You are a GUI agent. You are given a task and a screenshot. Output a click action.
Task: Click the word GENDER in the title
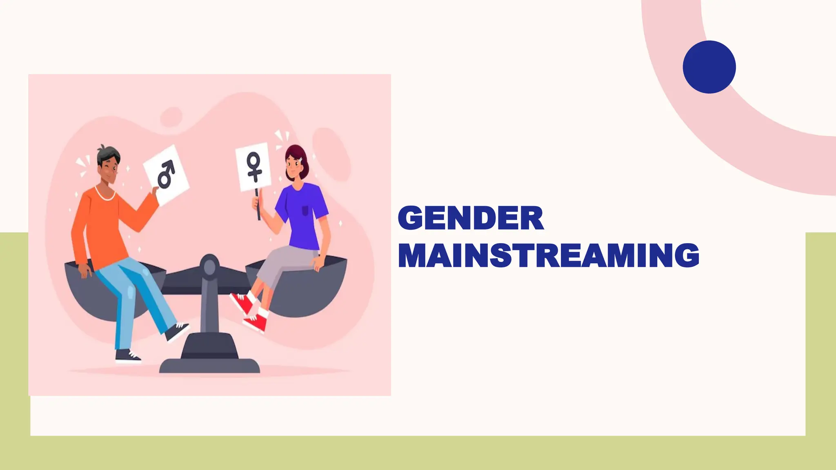tap(471, 218)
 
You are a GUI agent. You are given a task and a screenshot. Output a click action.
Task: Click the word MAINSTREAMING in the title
tap(548, 255)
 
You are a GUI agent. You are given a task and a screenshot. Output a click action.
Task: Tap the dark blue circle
tap(709, 67)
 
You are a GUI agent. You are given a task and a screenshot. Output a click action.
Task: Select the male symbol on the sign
tap(166, 174)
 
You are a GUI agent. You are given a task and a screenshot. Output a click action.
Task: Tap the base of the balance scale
tap(209, 355)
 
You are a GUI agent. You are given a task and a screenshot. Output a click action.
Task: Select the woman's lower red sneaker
tap(256, 322)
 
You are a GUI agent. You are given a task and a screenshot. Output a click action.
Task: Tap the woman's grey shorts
tap(282, 261)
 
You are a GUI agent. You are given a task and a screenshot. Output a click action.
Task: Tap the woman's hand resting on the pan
tap(317, 264)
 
